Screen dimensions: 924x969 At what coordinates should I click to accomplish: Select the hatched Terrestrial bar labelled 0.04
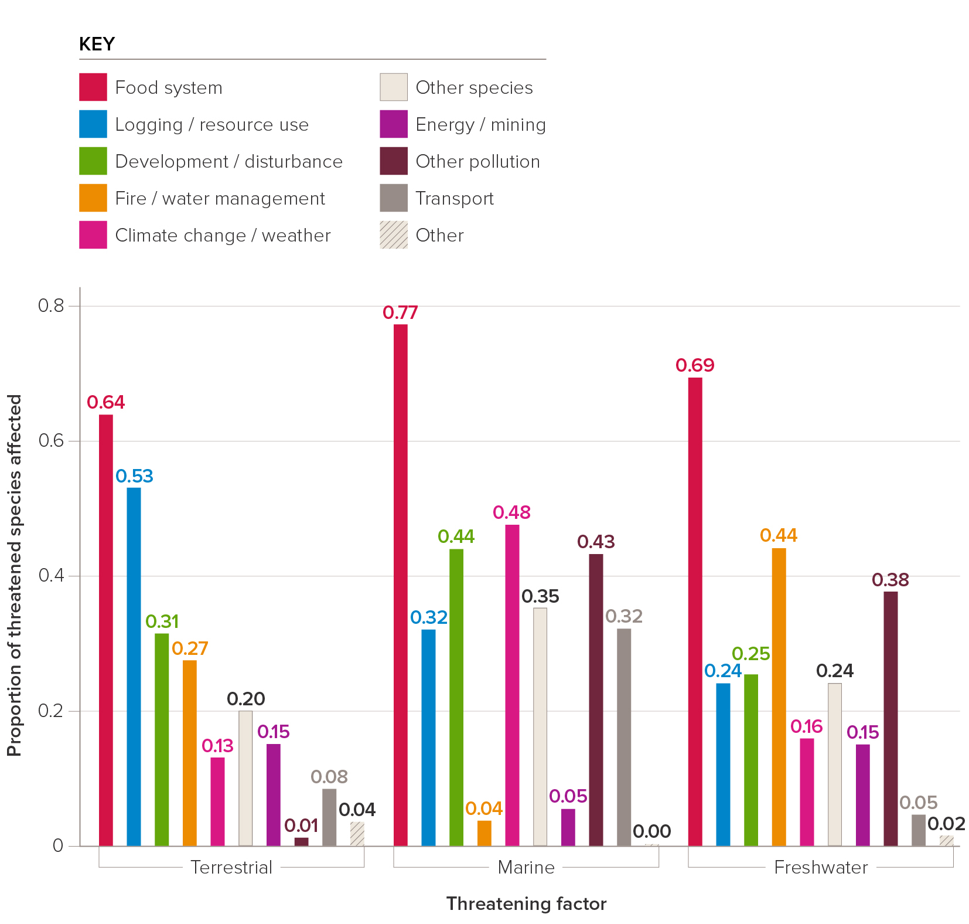(357, 834)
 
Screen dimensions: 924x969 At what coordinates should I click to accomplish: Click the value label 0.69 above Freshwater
(695, 365)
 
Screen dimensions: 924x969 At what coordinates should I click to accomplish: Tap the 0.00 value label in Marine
(651, 831)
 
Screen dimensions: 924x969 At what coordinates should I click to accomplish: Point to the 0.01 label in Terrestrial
(301, 826)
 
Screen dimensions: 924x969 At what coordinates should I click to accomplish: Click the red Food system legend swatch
(93, 87)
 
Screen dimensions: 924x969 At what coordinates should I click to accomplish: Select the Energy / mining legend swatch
(394, 124)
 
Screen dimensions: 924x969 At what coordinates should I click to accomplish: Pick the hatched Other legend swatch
(394, 235)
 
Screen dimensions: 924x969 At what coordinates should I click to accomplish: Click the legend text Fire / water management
(220, 198)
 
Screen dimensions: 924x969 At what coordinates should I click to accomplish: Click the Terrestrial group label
(231, 867)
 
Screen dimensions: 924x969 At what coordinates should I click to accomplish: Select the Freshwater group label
(821, 867)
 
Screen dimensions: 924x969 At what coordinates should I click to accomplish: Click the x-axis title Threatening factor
(526, 903)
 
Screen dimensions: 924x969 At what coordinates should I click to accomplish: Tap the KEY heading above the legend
(97, 45)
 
